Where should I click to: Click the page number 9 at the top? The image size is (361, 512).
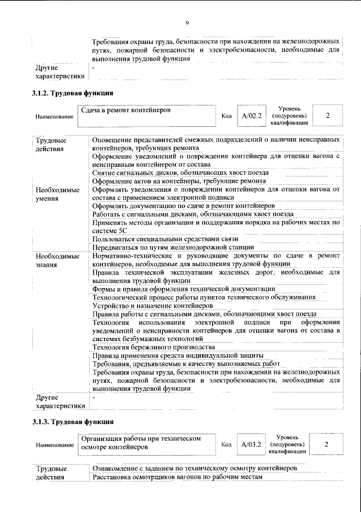click(x=186, y=23)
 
